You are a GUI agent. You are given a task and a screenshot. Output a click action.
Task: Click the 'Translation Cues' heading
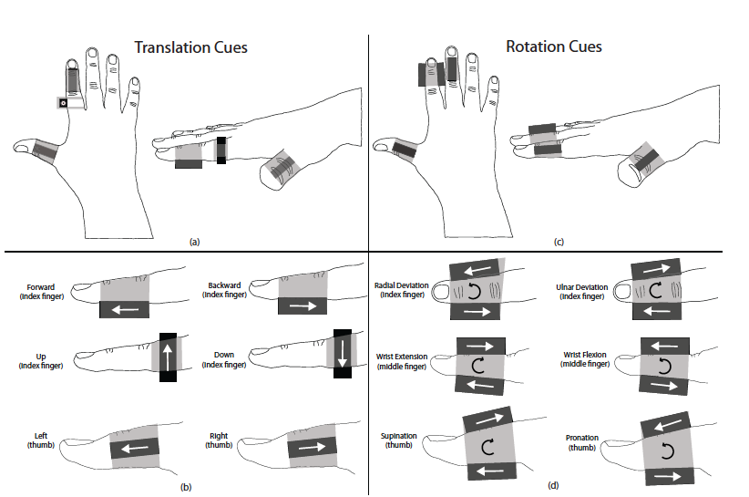pos(191,47)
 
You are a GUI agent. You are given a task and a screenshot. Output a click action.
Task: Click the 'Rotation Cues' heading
pos(554,47)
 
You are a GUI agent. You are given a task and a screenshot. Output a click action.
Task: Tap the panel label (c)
pos(558,242)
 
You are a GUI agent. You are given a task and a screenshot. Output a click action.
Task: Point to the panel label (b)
pos(185,486)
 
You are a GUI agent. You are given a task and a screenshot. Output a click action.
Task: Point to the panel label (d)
pos(553,486)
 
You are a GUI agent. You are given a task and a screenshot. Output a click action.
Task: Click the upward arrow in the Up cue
pos(167,356)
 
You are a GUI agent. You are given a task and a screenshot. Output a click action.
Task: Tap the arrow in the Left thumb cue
pos(135,448)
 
